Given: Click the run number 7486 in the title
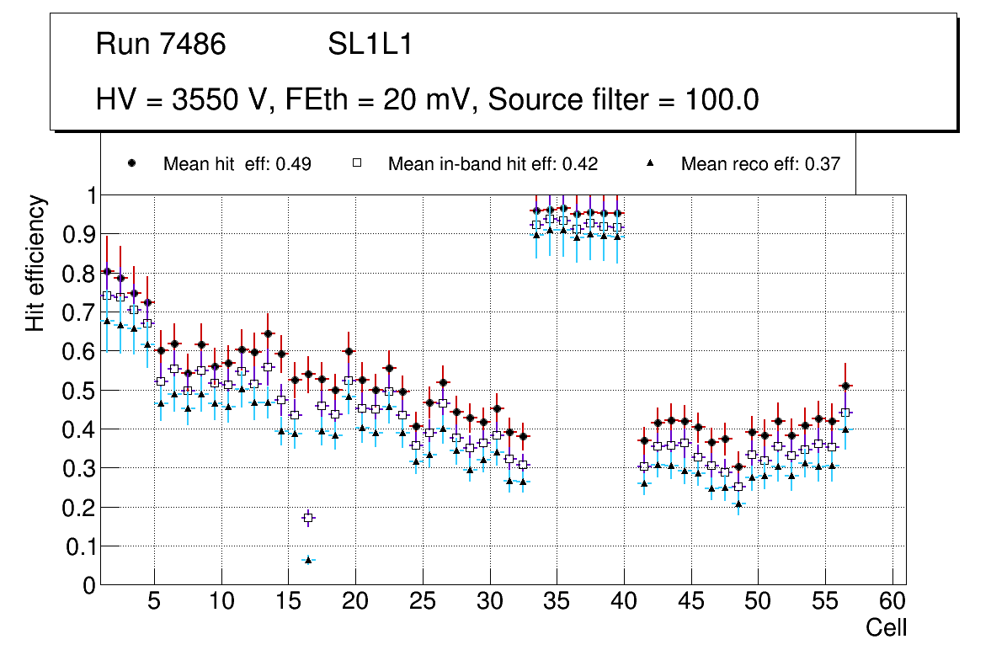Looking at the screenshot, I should tap(193, 45).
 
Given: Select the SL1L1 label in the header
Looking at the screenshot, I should tap(370, 45).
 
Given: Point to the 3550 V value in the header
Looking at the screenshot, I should tap(219, 100).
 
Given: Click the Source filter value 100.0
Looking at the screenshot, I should tap(722, 100).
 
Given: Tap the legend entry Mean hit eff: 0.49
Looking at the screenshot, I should tap(237, 164).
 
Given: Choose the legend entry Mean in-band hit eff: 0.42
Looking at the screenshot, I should tap(493, 164).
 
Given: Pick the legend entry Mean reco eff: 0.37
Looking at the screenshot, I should tap(760, 164).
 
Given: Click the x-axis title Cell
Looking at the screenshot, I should tap(887, 628).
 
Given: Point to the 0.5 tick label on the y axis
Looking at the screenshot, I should tap(79, 391).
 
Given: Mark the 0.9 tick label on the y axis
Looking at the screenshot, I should tap(79, 234).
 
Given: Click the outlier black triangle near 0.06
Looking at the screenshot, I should tap(308, 559).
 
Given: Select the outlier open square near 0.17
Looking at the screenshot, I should tap(308, 518).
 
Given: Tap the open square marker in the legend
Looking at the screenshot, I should tap(356, 163).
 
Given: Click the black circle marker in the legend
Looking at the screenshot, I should tap(131, 163).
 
